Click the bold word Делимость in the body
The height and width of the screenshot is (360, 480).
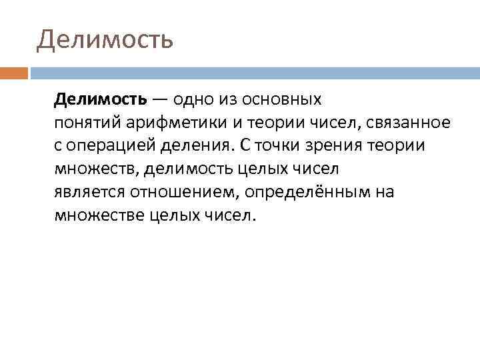[x=101, y=100]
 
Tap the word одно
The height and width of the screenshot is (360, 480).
[x=194, y=100]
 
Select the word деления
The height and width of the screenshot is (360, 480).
[x=193, y=146]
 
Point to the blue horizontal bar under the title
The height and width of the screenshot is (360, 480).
[x=253, y=72]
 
